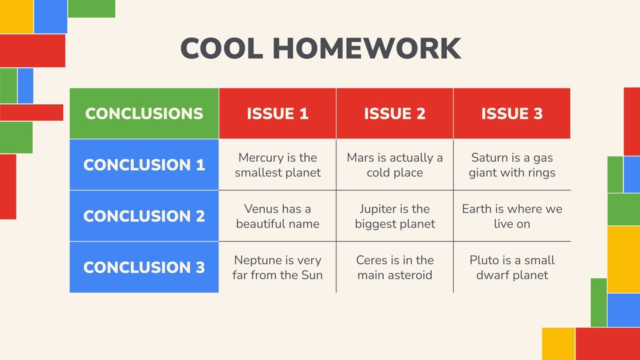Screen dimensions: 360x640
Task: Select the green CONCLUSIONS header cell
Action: (144, 114)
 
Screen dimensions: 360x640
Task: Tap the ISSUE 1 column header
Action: (278, 114)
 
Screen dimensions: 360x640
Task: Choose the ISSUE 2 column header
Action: (395, 114)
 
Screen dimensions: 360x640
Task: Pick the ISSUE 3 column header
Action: (512, 114)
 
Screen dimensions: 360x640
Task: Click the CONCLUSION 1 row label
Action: (144, 165)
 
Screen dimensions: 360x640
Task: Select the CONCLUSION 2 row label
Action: (144, 216)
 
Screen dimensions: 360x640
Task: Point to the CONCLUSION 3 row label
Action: (144, 267)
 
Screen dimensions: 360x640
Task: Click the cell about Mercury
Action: (278, 165)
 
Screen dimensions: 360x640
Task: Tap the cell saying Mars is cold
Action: (395, 165)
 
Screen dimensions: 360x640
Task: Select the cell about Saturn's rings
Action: (512, 165)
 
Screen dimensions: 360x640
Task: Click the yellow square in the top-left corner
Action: (16, 16)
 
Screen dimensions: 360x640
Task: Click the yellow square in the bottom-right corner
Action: (558, 344)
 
